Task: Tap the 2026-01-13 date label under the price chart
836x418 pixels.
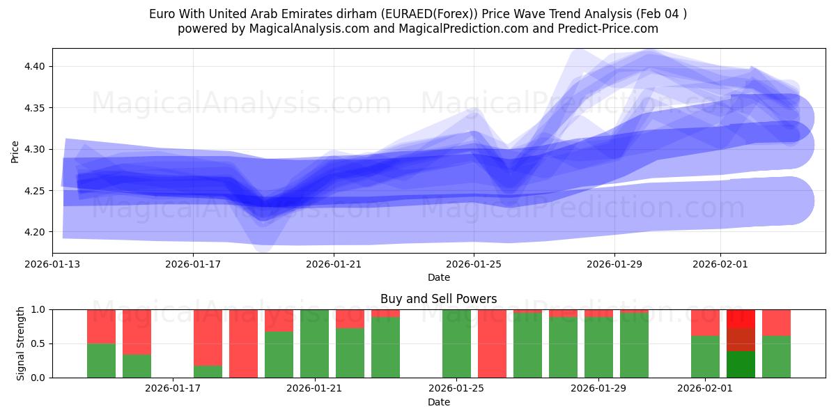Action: coord(52,265)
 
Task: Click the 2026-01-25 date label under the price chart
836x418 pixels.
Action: coord(474,265)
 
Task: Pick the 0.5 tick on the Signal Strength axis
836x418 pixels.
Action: coord(39,343)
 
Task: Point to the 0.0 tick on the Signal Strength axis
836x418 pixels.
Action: coord(39,378)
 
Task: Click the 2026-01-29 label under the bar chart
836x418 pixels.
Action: coord(598,389)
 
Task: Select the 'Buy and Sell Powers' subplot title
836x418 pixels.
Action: coord(438,299)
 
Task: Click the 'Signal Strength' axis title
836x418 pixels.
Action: coord(20,343)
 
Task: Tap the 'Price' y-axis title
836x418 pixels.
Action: coord(15,152)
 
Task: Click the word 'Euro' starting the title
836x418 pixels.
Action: coord(161,14)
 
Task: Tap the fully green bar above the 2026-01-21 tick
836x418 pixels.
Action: coord(314,343)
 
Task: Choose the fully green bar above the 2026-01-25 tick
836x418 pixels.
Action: coord(456,343)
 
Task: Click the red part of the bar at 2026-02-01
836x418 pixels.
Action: coord(705,323)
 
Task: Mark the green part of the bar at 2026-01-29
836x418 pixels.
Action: coord(598,348)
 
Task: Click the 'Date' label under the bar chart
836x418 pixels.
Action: coord(438,402)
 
